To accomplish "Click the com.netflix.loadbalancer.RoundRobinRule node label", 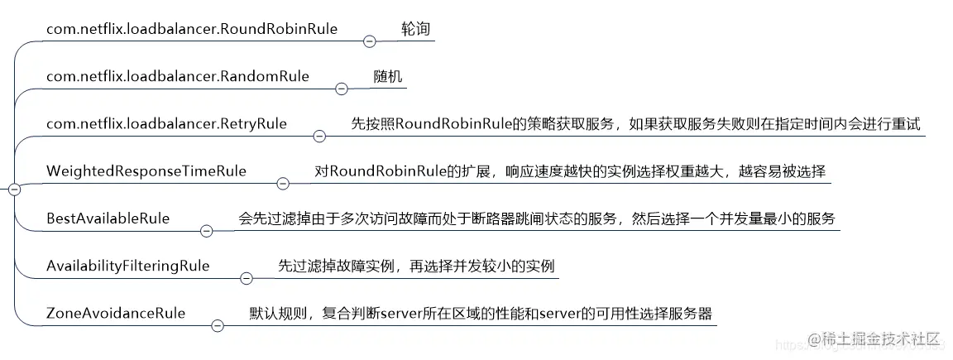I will tap(192, 29).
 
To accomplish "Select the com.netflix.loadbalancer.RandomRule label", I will tap(178, 76).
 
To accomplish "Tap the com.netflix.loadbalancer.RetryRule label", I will tap(166, 124).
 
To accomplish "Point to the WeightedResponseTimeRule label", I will tap(146, 171).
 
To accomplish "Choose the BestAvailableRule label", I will tap(108, 218).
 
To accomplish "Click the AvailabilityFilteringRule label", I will tap(128, 266).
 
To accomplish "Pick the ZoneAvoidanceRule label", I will tap(116, 314).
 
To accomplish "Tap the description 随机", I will tap(387, 76).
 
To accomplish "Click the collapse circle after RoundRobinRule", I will tap(369, 41).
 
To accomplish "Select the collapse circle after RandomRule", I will tap(341, 89).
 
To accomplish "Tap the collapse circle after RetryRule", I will tap(319, 137).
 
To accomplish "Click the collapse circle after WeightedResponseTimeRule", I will tap(283, 184).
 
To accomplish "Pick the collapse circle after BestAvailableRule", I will tap(207, 231).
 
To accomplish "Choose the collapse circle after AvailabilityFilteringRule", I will tap(246, 278).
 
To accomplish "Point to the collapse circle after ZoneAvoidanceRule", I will tap(218, 326).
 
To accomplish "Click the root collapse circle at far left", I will tap(13, 190).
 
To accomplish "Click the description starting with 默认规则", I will tap(480, 314).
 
